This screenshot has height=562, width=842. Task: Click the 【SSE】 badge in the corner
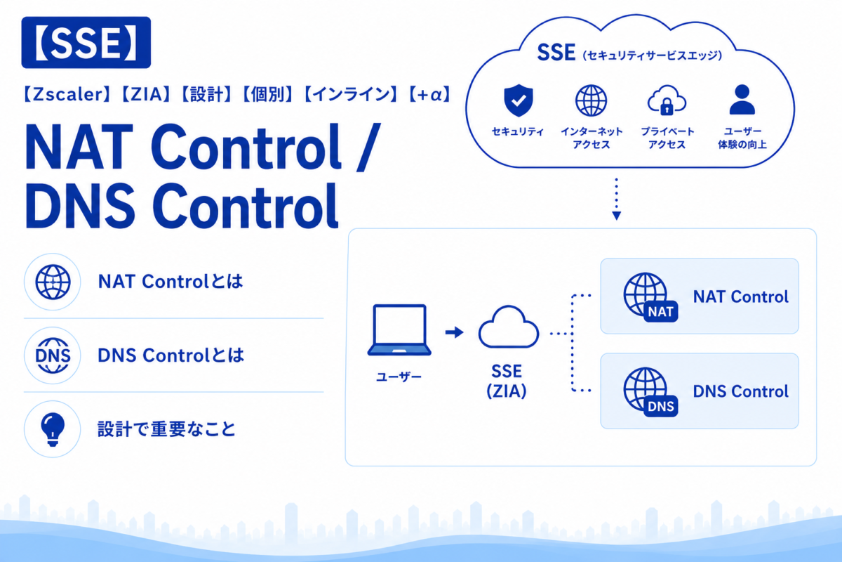[86, 43]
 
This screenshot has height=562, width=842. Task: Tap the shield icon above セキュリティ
[519, 100]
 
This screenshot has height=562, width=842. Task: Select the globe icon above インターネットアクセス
[592, 100]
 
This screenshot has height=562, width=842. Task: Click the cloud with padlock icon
[667, 100]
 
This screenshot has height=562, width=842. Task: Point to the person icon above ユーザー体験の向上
[742, 99]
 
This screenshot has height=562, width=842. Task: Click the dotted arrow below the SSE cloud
[617, 199]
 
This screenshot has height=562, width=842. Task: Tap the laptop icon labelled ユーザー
[399, 330]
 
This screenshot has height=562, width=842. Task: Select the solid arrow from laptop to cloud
[455, 332]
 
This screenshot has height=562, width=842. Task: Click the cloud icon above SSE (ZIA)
[509, 327]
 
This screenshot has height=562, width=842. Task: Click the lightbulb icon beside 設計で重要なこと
[53, 429]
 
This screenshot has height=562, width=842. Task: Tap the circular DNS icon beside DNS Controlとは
[53, 355]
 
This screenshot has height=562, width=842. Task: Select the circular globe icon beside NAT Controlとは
[53, 282]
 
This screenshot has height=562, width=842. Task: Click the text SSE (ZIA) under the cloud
[507, 381]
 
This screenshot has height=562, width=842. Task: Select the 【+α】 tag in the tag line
[429, 94]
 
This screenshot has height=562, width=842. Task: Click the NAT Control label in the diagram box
[740, 297]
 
